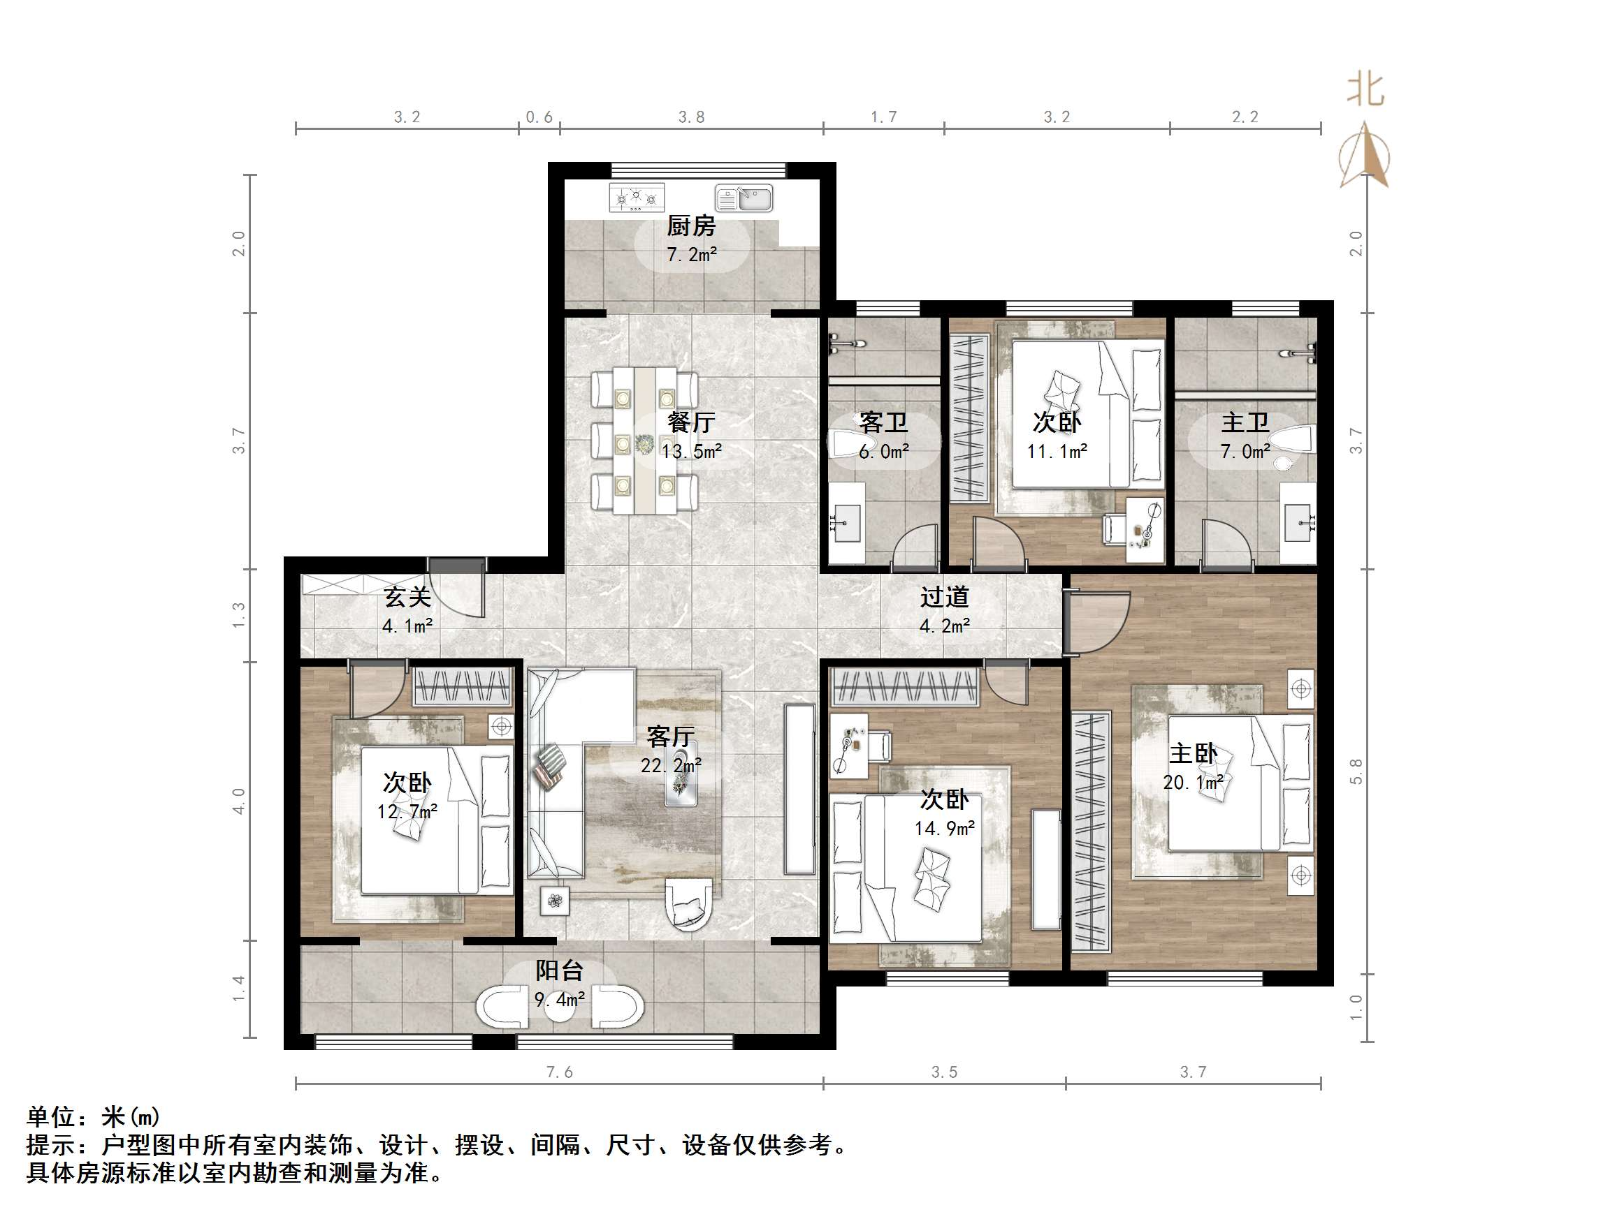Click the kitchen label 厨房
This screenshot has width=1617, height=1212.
coord(690,226)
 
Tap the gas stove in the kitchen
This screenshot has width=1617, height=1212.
coord(636,198)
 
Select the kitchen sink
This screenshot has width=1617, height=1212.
coord(744,198)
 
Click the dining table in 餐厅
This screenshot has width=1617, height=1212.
coord(645,441)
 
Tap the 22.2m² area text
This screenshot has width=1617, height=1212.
coord(671,765)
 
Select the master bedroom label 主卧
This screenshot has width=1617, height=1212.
coord(1193,753)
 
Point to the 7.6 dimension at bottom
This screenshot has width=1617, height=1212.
coord(559,1072)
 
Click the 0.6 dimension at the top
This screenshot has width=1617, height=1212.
coord(539,117)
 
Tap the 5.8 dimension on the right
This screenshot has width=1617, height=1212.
coord(1356,771)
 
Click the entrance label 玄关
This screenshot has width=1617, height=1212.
coord(407,597)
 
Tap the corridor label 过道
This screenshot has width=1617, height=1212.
coord(944,597)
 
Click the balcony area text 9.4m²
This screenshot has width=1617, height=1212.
coord(559,999)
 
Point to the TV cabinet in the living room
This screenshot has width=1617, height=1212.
coord(799,789)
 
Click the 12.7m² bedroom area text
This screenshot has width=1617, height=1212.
coord(407,812)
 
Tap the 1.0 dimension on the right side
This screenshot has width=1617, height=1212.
coord(1356,1007)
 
